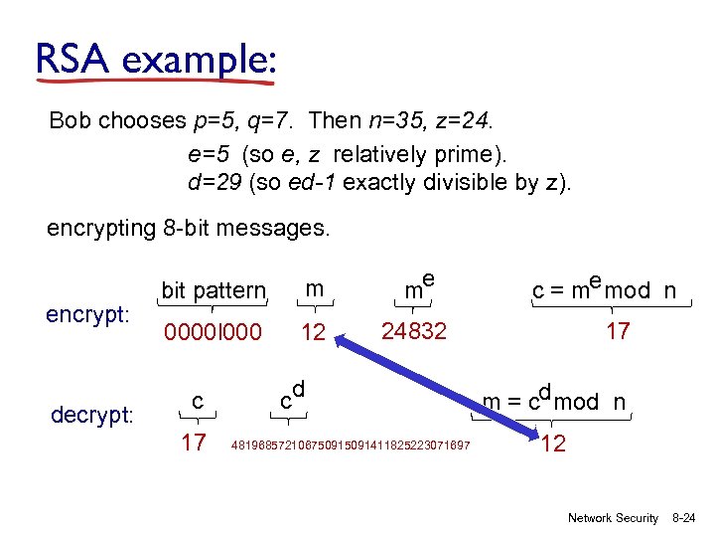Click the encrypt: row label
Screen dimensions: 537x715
[x=87, y=314]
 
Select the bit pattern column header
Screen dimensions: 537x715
[x=214, y=291]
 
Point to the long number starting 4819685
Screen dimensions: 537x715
[x=351, y=444]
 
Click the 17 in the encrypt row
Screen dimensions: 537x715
[x=618, y=331]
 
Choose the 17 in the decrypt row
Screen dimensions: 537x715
[x=194, y=441]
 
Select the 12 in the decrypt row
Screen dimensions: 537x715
[x=554, y=444]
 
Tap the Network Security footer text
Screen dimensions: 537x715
[x=613, y=518]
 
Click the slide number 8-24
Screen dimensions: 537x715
[x=685, y=518]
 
